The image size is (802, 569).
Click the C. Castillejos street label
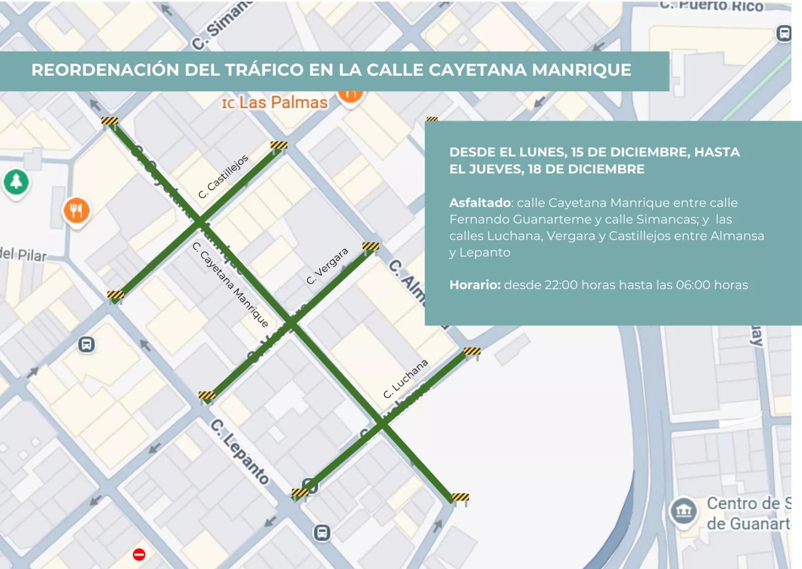223,176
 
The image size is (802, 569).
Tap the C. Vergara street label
327,266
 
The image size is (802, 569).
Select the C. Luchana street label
406,378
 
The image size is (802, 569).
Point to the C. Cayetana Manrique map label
231,284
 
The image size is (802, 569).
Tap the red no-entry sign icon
139,554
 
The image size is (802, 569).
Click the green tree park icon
16,181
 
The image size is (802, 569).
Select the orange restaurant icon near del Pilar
76,211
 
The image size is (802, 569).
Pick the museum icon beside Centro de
683,511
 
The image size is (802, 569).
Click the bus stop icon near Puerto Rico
783,34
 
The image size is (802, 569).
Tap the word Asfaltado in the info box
480,203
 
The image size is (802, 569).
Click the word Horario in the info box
474,285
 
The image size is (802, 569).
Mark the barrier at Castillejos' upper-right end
279,146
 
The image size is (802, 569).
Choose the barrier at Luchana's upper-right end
472,351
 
